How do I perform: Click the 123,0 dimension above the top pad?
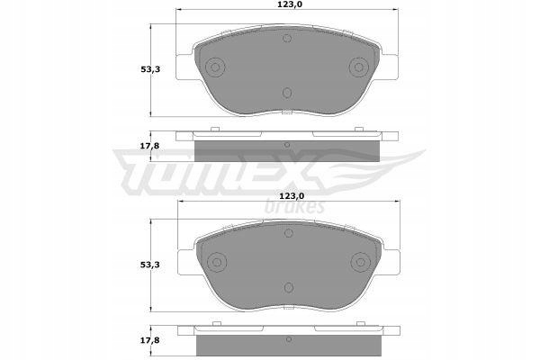(x=287, y=4)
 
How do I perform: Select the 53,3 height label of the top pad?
(x=150, y=69)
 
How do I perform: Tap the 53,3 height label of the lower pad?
(x=150, y=265)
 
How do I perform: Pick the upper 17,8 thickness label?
(x=149, y=146)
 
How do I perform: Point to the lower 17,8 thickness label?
(x=149, y=340)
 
